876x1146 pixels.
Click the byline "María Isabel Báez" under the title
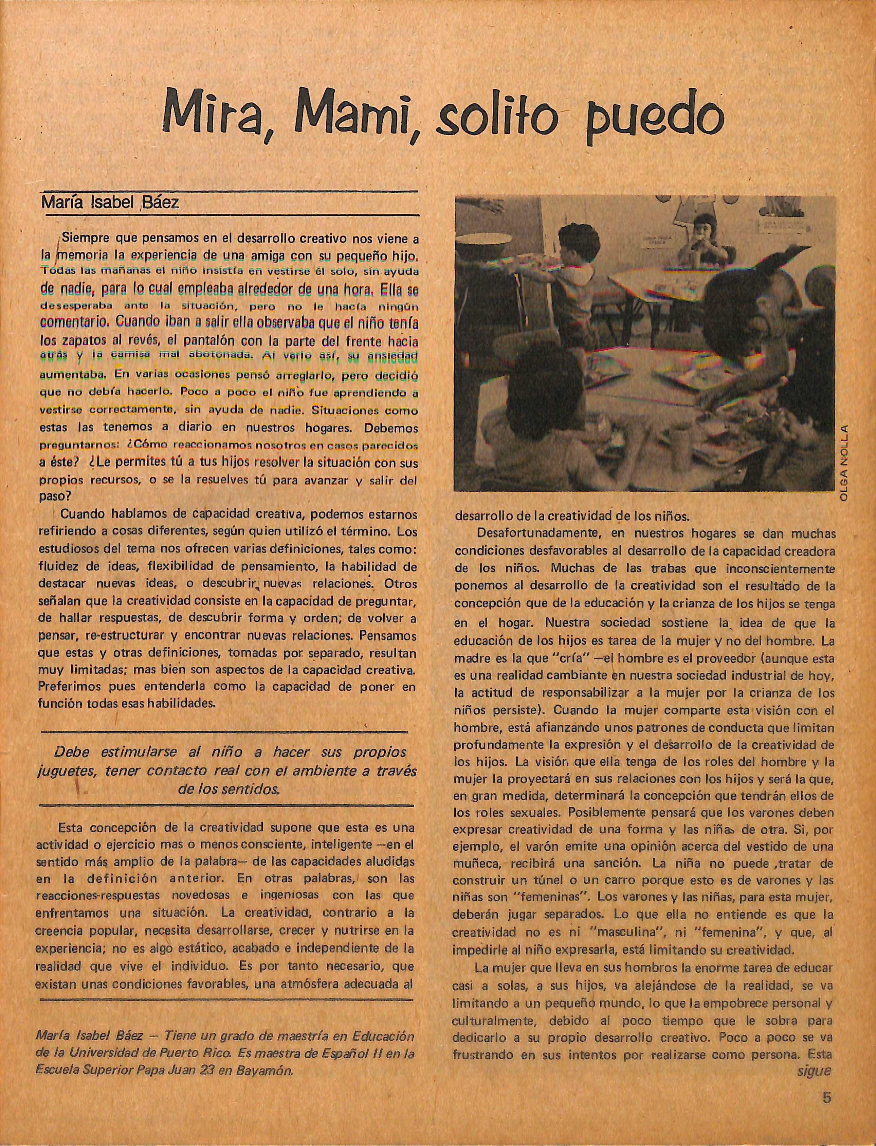click(x=110, y=202)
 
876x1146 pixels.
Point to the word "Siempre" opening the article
click(x=85, y=239)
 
